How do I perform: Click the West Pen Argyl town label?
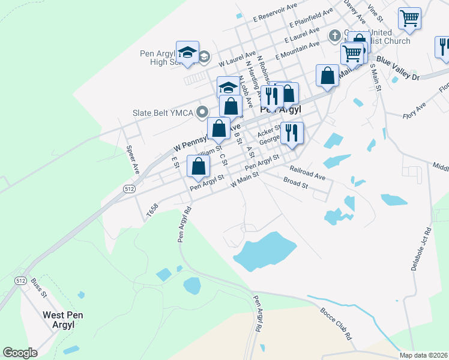(x=58, y=320)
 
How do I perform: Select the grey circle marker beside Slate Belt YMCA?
(x=202, y=112)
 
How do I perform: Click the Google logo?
(x=20, y=353)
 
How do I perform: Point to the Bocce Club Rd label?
(x=336, y=325)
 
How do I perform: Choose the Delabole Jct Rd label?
(x=421, y=249)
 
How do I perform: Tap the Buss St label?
(x=38, y=289)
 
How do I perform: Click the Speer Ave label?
(x=132, y=160)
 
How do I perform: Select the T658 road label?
(x=152, y=209)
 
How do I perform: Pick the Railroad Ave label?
(x=307, y=173)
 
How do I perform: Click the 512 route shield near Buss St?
(x=20, y=281)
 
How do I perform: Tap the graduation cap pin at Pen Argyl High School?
(x=187, y=52)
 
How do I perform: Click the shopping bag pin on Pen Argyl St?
(x=199, y=166)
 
